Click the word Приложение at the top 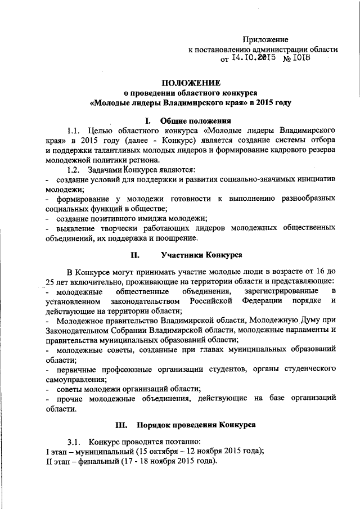tap(265, 39)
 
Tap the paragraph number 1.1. tap(74, 131)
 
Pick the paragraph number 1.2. tap(74, 169)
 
